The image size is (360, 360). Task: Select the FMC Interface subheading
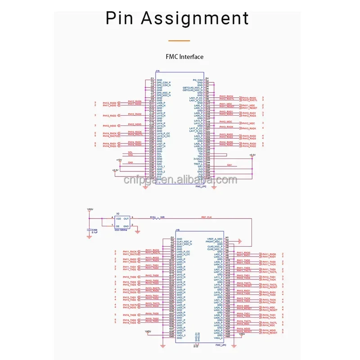coord(184,57)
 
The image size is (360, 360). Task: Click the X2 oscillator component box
coord(121,223)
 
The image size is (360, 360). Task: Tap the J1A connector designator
coord(157,71)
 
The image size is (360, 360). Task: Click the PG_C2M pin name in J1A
coord(198,80)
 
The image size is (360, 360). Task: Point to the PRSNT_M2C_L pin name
coord(215,242)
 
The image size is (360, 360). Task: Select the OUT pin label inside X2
coord(126,218)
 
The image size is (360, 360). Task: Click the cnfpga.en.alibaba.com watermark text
coord(180,180)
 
